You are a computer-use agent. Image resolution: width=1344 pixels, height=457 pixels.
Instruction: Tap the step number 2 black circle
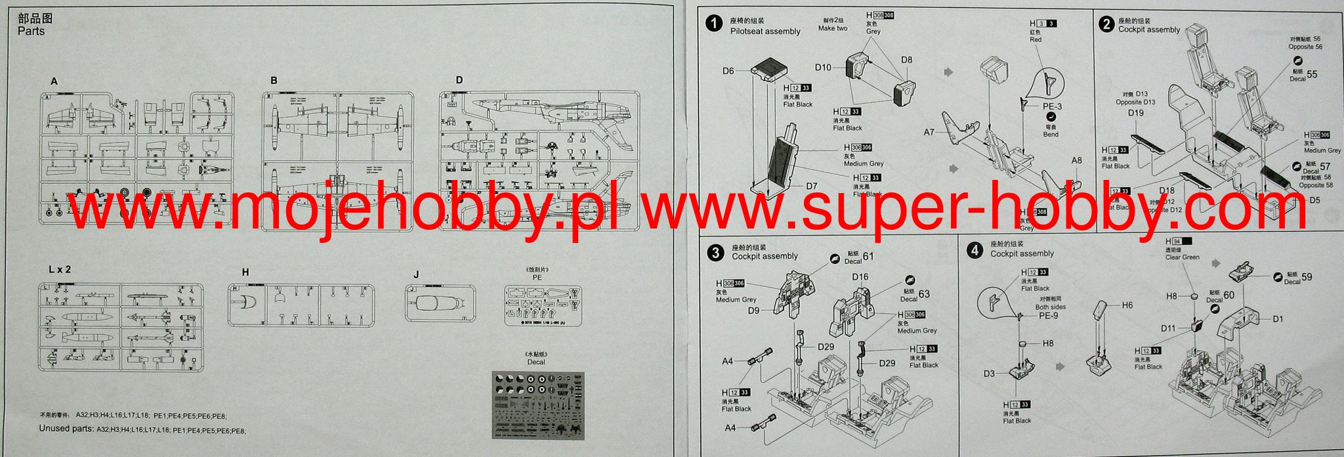point(1106,24)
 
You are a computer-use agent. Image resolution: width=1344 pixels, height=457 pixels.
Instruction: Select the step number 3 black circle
point(715,252)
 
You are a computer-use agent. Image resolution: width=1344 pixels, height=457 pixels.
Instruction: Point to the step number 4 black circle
point(975,250)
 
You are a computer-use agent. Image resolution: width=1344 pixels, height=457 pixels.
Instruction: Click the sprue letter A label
point(54,81)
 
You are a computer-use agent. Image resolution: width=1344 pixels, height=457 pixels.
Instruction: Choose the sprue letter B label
point(274,81)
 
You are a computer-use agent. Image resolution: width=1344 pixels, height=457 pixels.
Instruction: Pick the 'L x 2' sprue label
point(60,269)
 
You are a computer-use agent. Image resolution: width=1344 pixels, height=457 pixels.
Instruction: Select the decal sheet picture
point(537,404)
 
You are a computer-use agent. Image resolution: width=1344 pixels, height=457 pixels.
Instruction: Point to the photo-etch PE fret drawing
point(543,307)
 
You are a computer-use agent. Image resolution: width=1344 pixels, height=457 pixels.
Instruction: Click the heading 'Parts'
point(31,32)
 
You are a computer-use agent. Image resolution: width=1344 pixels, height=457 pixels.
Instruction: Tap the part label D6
point(728,71)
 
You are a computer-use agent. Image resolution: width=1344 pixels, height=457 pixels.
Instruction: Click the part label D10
point(823,67)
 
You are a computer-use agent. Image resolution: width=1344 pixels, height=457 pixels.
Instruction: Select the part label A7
point(929,132)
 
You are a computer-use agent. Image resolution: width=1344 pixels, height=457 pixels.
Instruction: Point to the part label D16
point(860,277)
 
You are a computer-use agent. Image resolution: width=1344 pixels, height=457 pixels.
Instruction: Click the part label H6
point(1127,305)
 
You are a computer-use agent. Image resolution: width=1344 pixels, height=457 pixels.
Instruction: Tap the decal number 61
point(868,257)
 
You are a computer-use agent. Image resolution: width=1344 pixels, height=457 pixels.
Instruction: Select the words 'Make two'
point(833,28)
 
